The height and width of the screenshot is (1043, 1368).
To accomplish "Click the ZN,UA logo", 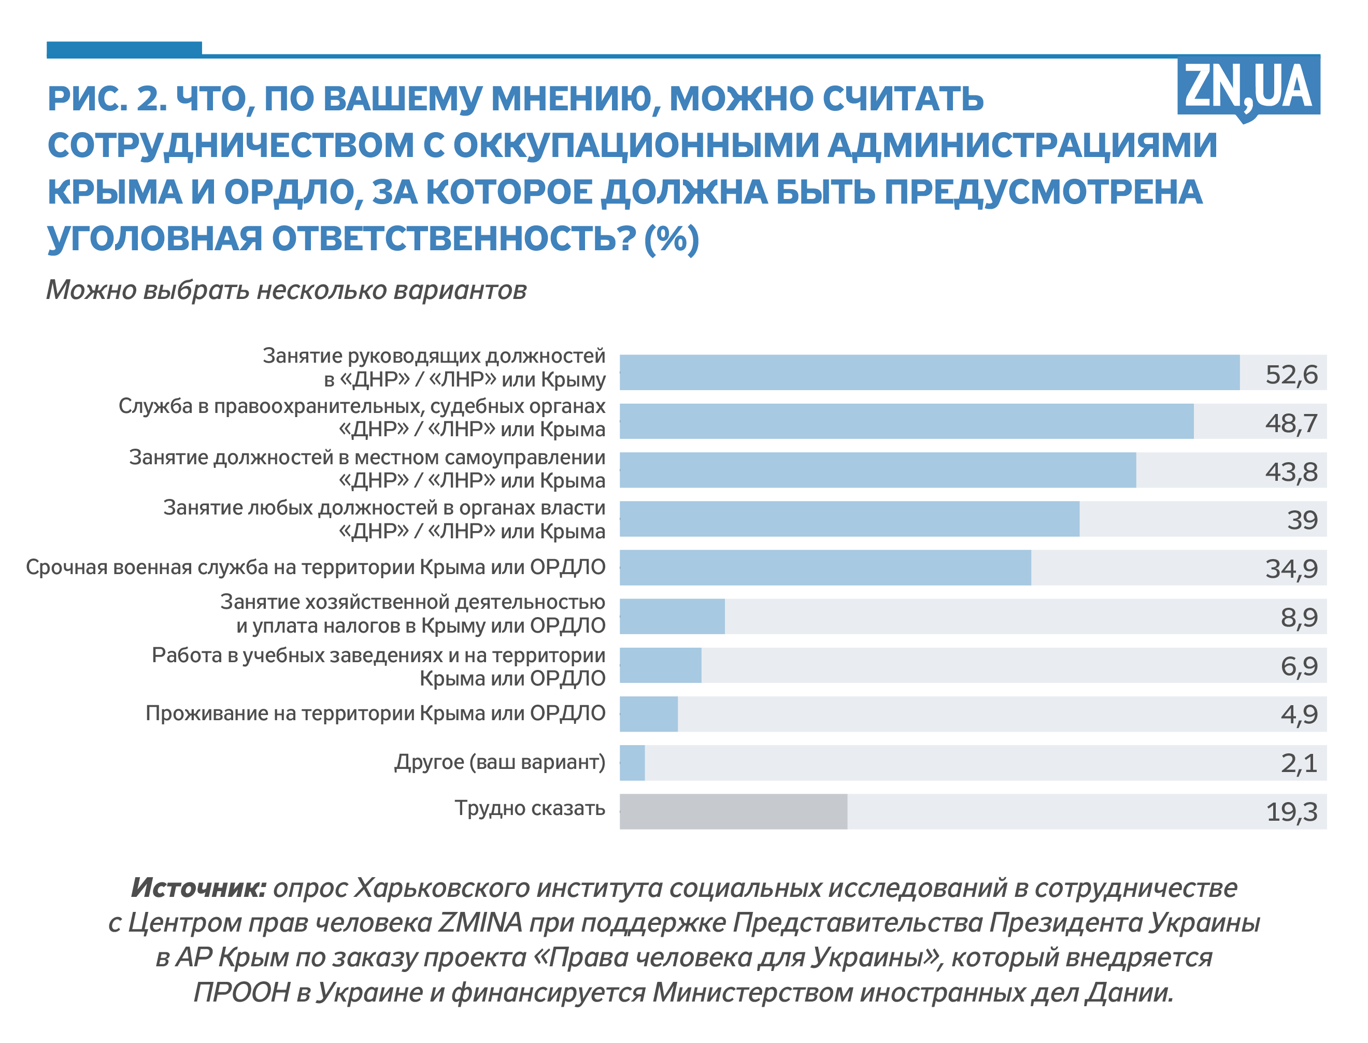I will coord(1248,88).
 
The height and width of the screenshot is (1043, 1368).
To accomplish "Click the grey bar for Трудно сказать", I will coord(733,811).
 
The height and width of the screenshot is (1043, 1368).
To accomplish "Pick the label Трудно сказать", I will coord(529,808).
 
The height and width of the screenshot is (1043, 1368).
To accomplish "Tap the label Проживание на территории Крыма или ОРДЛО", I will coord(375,713).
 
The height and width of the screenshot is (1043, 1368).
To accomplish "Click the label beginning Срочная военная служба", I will coord(316,567).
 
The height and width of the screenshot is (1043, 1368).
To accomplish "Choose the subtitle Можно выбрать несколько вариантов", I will coord(286,290).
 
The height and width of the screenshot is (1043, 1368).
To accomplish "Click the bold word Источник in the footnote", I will coord(198,888).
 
